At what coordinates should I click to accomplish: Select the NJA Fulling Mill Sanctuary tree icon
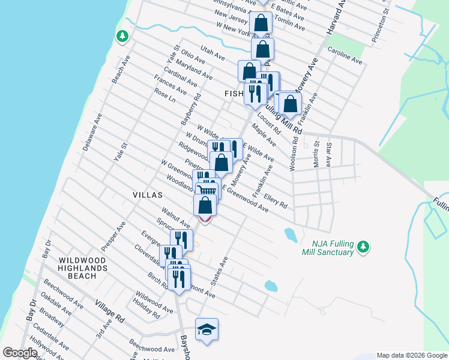(363, 247)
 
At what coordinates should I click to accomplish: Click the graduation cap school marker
(206, 329)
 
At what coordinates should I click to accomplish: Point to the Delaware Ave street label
(92, 131)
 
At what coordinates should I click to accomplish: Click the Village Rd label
(109, 312)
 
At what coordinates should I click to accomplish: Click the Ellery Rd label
(275, 199)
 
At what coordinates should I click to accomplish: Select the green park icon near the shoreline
(122, 37)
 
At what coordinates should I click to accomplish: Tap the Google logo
(20, 353)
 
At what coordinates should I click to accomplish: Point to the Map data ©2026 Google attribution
(411, 355)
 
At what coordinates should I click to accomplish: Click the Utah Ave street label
(212, 53)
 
